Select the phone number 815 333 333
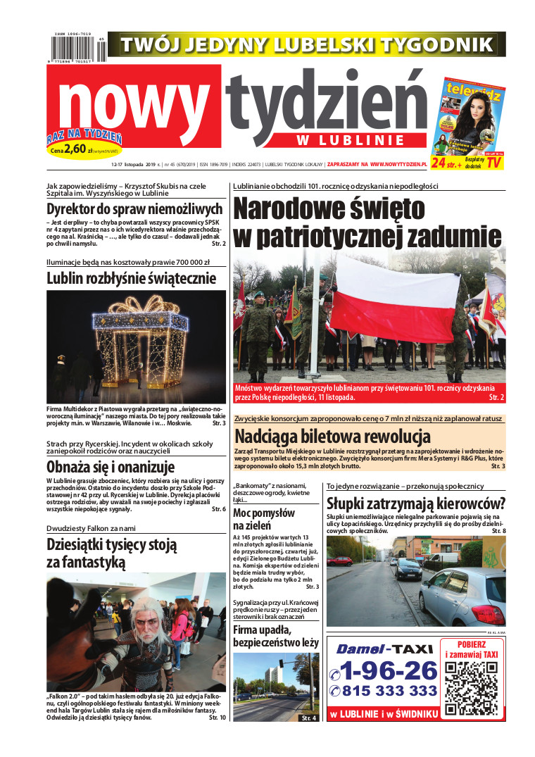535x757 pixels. point(390,691)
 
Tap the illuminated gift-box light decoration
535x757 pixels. point(141,337)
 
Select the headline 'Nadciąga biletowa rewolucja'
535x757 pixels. point(332,435)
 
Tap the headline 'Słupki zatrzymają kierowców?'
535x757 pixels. point(416,503)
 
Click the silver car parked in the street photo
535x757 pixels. point(464,596)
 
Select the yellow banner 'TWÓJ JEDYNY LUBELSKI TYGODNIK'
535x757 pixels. point(306,44)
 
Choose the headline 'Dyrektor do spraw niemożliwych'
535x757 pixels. point(134,208)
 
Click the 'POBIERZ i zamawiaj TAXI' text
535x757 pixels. point(472,649)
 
